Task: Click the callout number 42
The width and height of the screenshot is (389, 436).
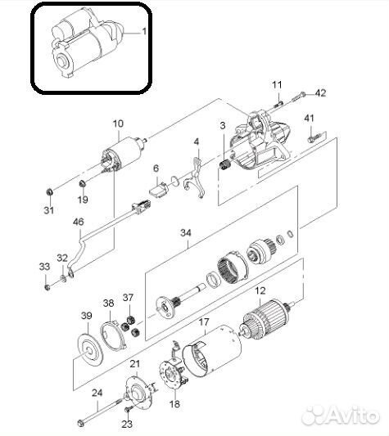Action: (x=320, y=93)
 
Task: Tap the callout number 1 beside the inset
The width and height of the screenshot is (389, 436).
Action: (x=144, y=31)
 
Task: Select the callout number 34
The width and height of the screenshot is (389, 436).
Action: (x=186, y=232)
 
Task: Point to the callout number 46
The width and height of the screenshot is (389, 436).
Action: (x=79, y=222)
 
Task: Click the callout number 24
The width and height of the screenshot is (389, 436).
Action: (x=97, y=393)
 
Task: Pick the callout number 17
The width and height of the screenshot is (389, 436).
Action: (x=204, y=322)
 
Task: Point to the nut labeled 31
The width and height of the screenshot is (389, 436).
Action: (x=49, y=191)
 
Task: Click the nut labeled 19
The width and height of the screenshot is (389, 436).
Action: (x=82, y=183)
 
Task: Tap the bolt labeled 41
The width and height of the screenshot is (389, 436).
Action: (x=317, y=137)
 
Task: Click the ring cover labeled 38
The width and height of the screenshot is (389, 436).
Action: (x=114, y=335)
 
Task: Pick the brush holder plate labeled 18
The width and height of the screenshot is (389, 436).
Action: (x=174, y=375)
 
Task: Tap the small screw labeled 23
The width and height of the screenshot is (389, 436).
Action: (x=128, y=409)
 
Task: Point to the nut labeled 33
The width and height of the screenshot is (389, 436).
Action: (x=47, y=287)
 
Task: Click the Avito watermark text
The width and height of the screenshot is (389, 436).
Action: (x=341, y=416)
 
